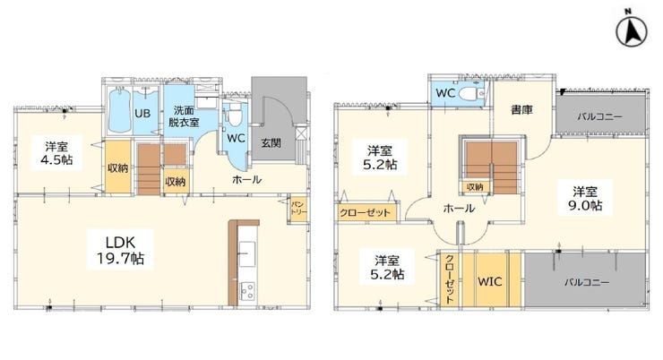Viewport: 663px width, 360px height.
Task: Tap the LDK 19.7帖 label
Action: (x=121, y=250)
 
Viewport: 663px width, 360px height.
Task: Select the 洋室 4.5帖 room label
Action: (x=56, y=153)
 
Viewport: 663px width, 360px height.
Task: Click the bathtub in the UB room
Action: (x=121, y=110)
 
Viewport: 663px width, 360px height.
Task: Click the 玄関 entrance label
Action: (x=271, y=142)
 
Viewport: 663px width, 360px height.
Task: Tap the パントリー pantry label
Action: (x=298, y=209)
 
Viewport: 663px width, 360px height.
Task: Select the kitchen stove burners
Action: (x=247, y=291)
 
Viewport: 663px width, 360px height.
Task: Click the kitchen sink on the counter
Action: (x=247, y=253)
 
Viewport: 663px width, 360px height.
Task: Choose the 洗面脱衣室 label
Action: (x=184, y=116)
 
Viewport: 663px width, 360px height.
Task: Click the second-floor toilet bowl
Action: (x=469, y=93)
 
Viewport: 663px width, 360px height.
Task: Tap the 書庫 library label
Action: (x=521, y=110)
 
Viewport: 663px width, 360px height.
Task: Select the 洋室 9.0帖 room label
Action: (x=585, y=199)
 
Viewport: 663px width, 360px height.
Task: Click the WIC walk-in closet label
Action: (x=490, y=281)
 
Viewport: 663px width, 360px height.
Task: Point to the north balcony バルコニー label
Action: (x=599, y=116)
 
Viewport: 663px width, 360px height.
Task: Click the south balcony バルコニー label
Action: (x=587, y=282)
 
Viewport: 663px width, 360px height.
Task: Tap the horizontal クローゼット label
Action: (x=365, y=212)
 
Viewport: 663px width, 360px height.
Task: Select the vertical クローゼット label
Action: (x=450, y=279)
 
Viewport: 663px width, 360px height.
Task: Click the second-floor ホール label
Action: (x=459, y=209)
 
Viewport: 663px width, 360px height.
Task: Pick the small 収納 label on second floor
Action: (x=475, y=186)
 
